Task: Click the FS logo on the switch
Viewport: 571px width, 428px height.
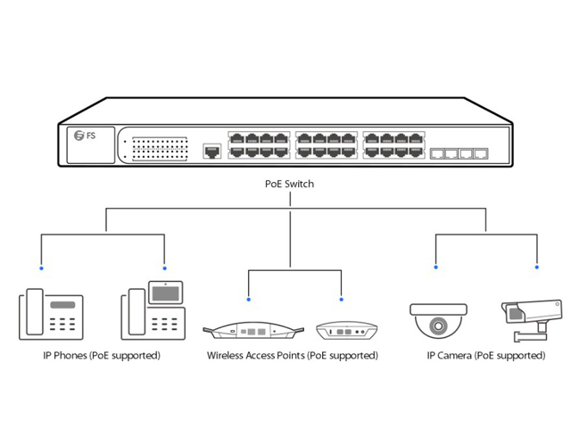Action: coord(85,136)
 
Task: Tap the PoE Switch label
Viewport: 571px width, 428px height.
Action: coord(290,185)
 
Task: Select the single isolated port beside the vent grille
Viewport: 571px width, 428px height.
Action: coord(212,152)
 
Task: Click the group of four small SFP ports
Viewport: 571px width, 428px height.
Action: coord(459,153)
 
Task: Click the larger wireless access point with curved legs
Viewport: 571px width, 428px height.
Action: coord(251,332)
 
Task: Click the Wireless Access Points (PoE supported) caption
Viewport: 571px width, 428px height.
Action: coord(292,356)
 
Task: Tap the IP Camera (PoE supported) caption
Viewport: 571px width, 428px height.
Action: coord(486,356)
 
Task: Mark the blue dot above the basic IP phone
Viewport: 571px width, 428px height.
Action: coord(40,267)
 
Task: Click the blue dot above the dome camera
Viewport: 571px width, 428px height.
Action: coord(435,267)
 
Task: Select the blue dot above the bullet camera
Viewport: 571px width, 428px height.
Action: coord(537,267)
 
